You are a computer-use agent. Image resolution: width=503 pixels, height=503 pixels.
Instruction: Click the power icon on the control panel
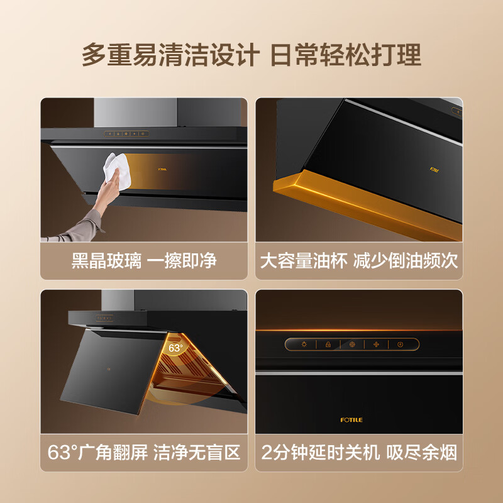point(400,345)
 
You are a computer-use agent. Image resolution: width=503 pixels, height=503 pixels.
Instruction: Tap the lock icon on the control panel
point(328,345)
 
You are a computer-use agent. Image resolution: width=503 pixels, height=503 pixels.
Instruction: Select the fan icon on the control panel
point(377,345)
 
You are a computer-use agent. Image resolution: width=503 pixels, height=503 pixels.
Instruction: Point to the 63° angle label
point(175,347)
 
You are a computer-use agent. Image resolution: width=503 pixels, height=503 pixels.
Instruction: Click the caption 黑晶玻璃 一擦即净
point(145,260)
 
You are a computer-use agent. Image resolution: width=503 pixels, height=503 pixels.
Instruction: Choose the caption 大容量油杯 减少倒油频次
point(359,260)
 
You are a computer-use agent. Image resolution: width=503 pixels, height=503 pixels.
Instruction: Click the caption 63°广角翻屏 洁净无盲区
point(145,453)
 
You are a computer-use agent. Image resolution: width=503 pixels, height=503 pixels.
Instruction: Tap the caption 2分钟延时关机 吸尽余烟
point(359,453)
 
